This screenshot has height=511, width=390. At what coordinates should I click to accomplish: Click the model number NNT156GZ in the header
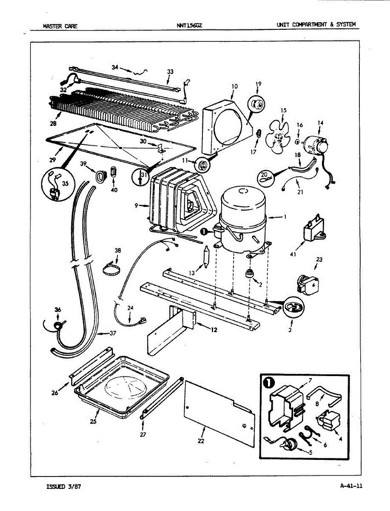pos(189,26)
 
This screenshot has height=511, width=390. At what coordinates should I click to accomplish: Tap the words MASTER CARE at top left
pos(60,26)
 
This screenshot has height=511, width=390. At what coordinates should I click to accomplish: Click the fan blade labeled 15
pos(279,138)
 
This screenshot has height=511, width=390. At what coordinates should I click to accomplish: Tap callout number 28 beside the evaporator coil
pos(53,123)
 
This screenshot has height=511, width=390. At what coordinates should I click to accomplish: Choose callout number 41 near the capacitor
pos(293,254)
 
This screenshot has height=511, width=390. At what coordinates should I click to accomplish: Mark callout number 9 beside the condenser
pos(137,206)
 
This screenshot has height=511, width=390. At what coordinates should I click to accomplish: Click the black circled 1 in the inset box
pos(269,383)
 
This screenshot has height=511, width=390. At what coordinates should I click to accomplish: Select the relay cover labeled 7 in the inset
pos(286,405)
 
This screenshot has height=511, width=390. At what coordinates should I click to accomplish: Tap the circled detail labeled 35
pos(58,184)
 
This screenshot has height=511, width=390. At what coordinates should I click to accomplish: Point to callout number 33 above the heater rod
pos(170,72)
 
